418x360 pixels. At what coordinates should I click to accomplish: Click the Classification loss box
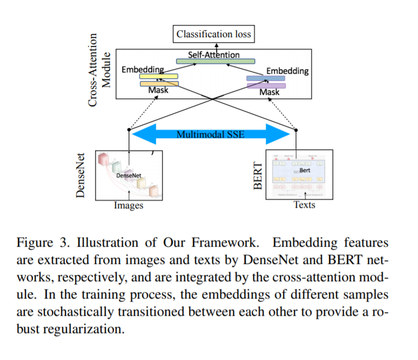[x=214, y=35]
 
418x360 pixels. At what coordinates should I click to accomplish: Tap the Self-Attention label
[x=214, y=55]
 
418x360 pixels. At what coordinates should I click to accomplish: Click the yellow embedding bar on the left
[x=159, y=76]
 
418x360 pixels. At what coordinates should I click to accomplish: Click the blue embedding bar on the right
[x=265, y=78]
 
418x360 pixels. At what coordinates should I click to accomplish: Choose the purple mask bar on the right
[x=266, y=85]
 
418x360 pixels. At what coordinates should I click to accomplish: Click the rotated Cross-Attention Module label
[x=98, y=70]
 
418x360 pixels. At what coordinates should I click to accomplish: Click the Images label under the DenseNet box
[x=129, y=205]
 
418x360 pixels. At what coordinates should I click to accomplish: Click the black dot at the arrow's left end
[x=129, y=130]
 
